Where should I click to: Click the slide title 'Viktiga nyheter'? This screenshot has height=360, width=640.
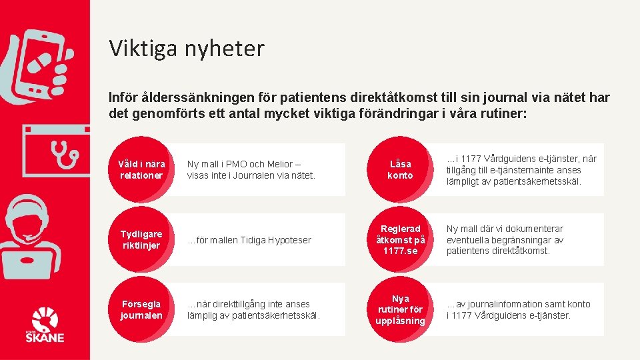click(x=187, y=48)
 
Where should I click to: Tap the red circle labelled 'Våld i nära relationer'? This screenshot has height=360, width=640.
click(x=141, y=169)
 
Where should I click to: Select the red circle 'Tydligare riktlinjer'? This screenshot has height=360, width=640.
click(x=141, y=239)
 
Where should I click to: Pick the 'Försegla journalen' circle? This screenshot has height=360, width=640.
click(x=141, y=309)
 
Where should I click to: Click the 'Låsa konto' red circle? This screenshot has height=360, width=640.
click(x=400, y=169)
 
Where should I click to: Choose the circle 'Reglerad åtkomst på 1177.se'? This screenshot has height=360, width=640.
click(x=400, y=239)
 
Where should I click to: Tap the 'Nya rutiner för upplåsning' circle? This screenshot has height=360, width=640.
click(x=400, y=310)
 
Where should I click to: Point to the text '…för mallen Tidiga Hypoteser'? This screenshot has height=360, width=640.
click(x=249, y=240)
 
